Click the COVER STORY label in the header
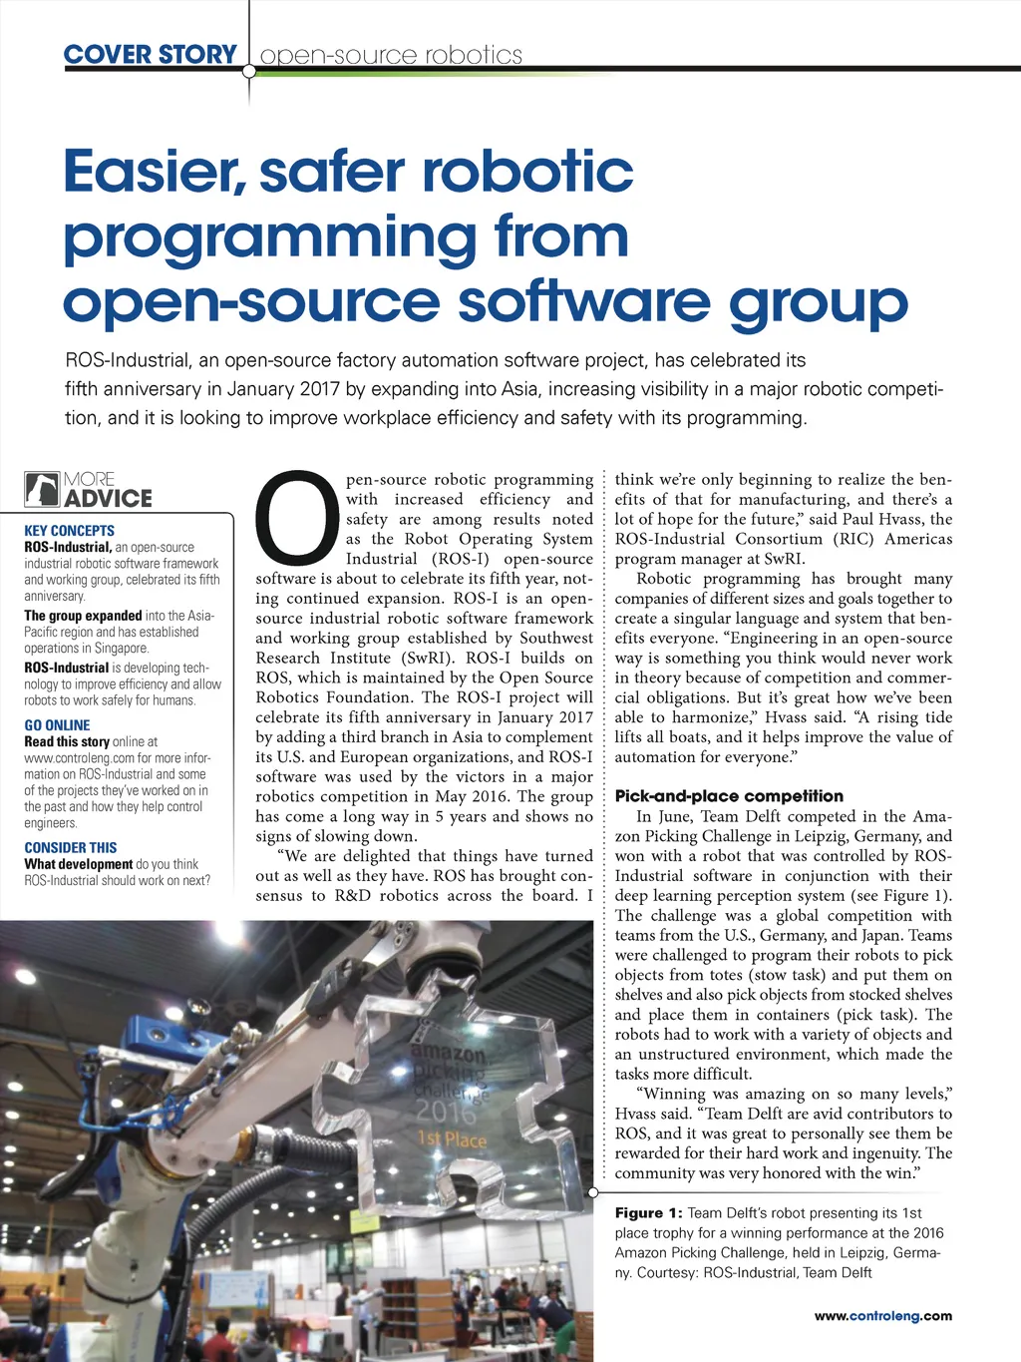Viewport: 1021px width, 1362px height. point(151,54)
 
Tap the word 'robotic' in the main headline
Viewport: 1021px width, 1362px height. point(527,171)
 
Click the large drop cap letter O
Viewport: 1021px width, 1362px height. point(296,516)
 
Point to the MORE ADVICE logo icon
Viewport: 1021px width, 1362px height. point(42,490)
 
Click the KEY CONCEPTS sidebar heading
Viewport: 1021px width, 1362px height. point(69,531)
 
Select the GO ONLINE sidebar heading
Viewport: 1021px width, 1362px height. point(57,725)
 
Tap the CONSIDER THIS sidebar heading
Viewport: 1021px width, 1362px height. point(70,847)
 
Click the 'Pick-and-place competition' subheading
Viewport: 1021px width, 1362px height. point(729,796)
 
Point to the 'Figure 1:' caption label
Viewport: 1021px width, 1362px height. point(648,1213)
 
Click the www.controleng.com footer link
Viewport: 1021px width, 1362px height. point(882,1316)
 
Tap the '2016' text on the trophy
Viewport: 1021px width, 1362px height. point(446,1110)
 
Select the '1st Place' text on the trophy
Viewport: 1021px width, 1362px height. point(452,1139)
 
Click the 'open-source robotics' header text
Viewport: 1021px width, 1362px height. point(391,55)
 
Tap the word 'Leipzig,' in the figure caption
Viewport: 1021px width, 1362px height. point(873,1253)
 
